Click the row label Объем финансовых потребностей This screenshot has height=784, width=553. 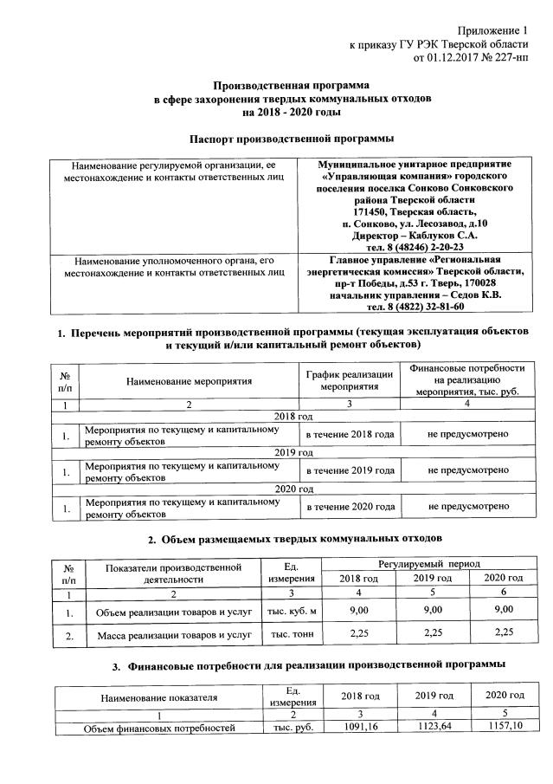point(159,729)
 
